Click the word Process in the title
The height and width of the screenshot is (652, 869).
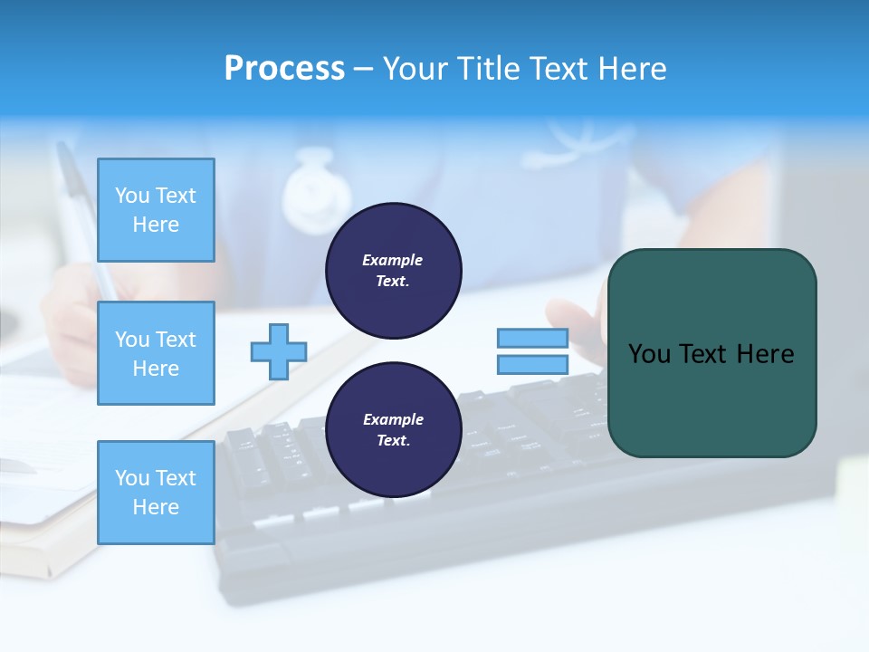pyautogui.click(x=284, y=68)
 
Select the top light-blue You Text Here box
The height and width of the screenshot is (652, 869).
pyautogui.click(x=156, y=210)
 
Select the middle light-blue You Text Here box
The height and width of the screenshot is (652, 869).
pyautogui.click(x=156, y=353)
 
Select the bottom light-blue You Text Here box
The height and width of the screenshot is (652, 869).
pyautogui.click(x=156, y=492)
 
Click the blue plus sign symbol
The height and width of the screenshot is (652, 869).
pyautogui.click(x=279, y=351)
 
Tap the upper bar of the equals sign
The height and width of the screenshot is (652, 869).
pyautogui.click(x=532, y=339)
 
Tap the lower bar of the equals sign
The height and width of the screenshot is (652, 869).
pyautogui.click(x=532, y=365)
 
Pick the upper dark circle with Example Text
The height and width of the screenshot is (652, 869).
pyautogui.click(x=393, y=271)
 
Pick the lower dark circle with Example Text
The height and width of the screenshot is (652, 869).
pyautogui.click(x=393, y=429)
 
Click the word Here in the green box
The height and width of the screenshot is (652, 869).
pyautogui.click(x=765, y=354)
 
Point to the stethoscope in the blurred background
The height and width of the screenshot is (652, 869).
pyautogui.click(x=316, y=190)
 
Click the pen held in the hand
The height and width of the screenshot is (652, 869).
pyautogui.click(x=81, y=208)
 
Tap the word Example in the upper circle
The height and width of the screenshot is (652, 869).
pyautogui.click(x=392, y=260)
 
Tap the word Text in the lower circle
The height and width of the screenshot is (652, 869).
pyautogui.click(x=392, y=440)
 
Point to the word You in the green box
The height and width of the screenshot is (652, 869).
pyautogui.click(x=648, y=354)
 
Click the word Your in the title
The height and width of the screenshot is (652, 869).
pyautogui.click(x=417, y=68)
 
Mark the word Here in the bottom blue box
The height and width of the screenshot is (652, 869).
pyautogui.click(x=156, y=507)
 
